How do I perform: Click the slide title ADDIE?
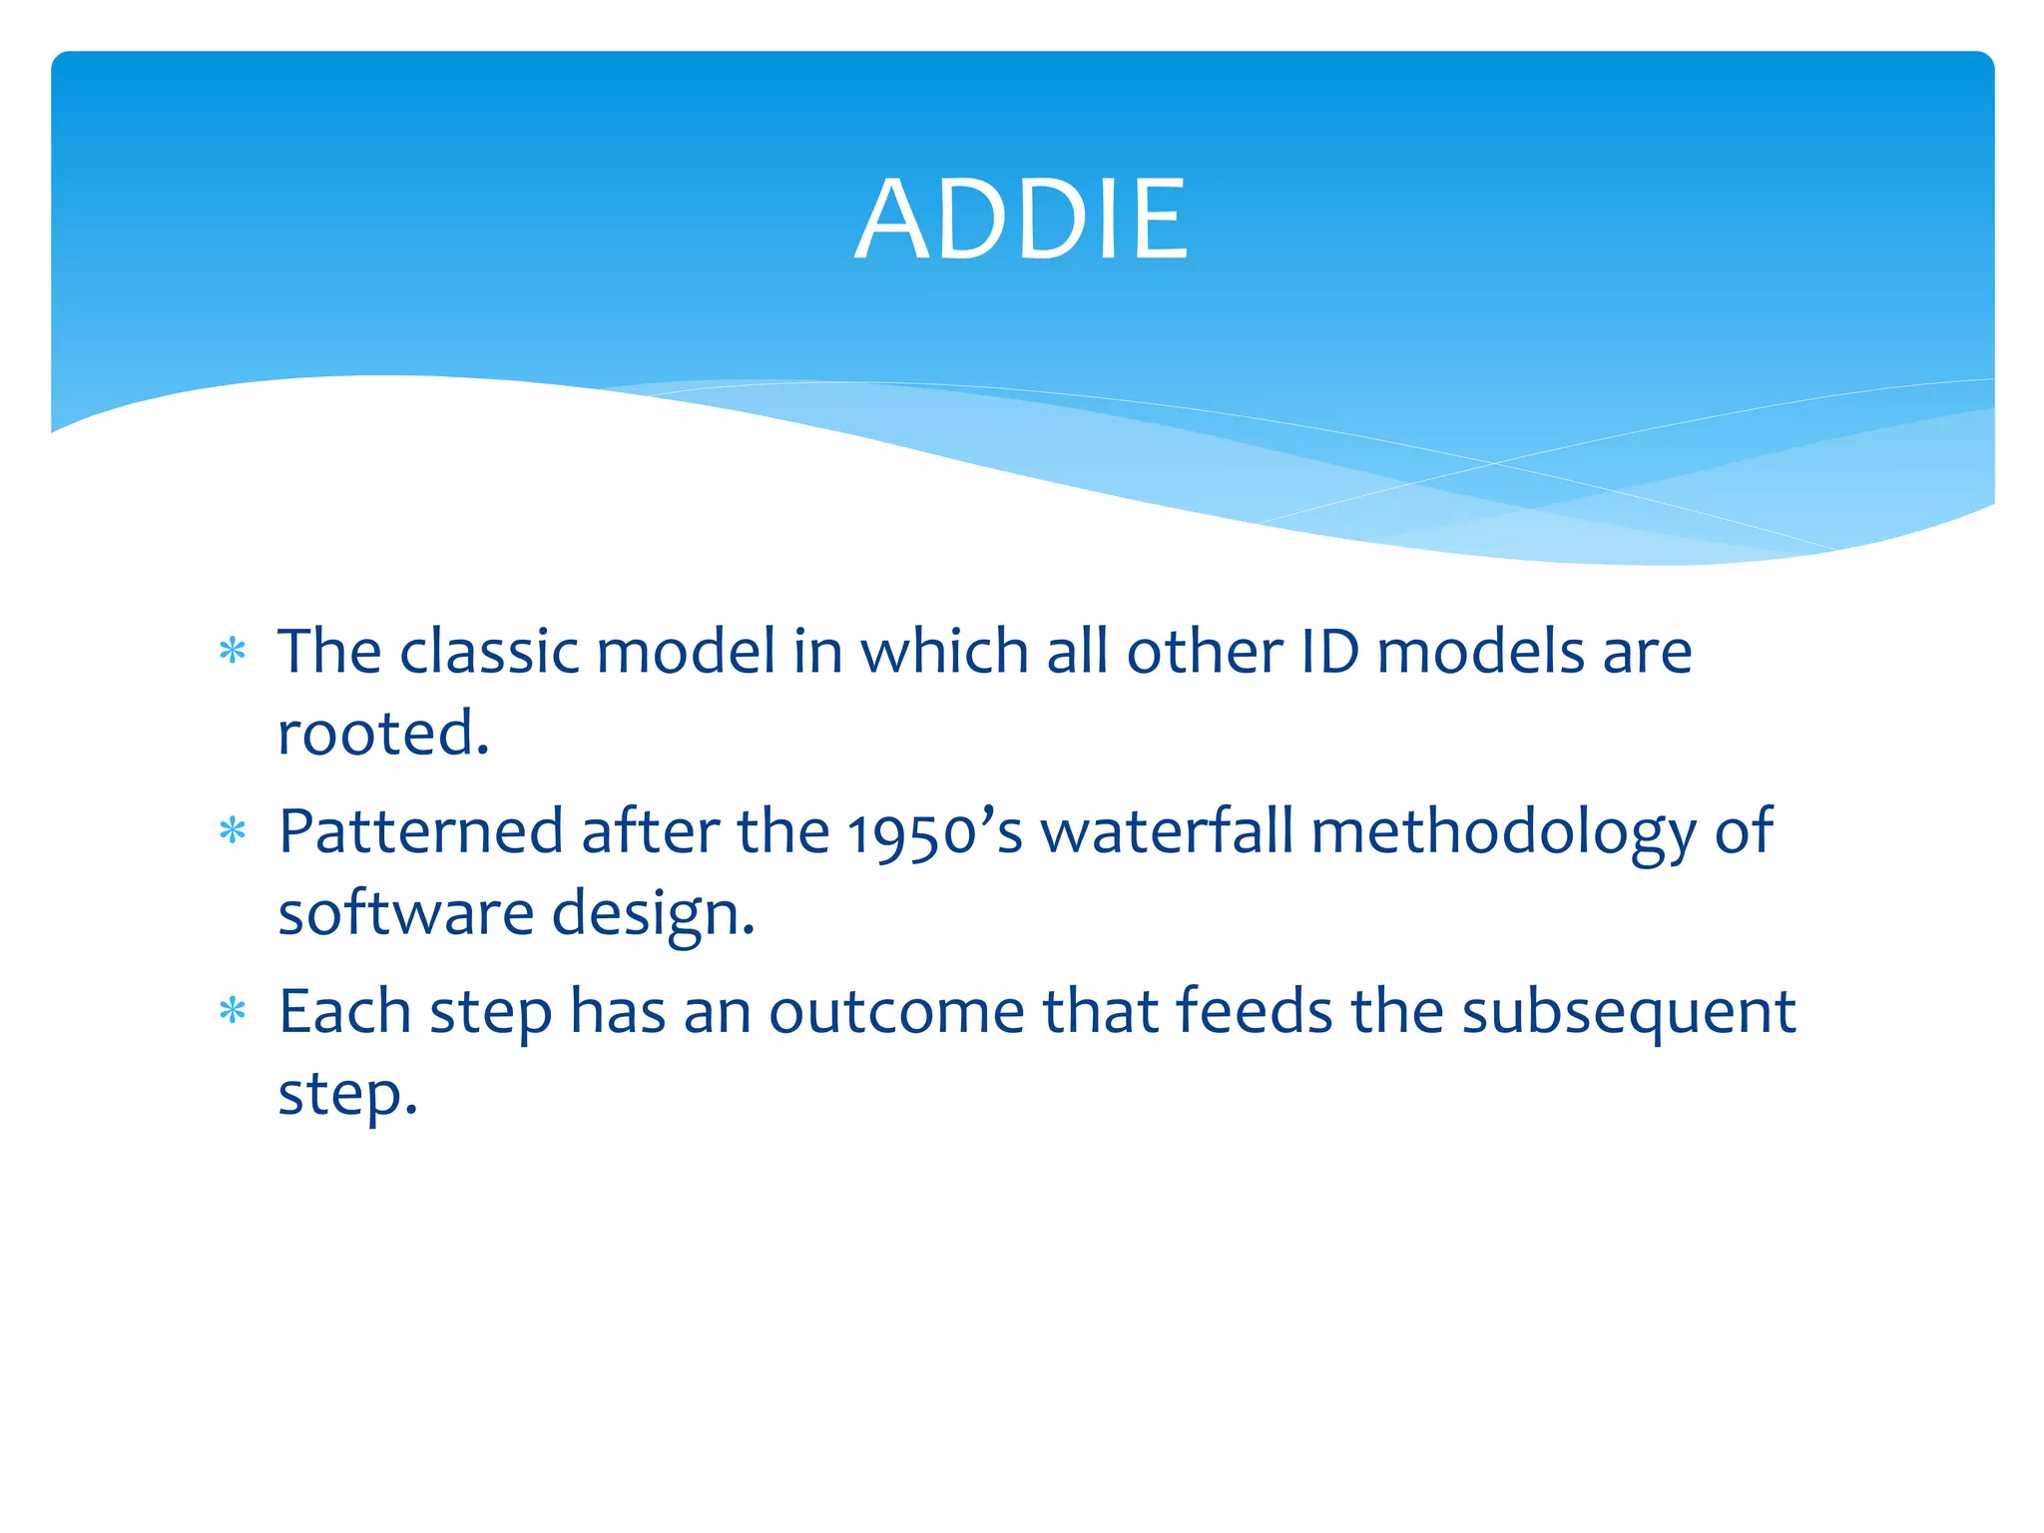(1022, 220)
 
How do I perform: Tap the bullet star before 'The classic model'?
(233, 652)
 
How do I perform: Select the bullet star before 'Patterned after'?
(233, 830)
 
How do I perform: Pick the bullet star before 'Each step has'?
(233, 1011)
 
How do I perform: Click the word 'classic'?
(489, 652)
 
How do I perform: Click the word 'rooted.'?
(383, 734)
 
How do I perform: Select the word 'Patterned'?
(420, 830)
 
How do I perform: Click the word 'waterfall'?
(1167, 830)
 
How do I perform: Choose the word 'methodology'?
(1503, 832)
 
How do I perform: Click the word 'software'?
(405, 913)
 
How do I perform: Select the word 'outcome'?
(896, 1012)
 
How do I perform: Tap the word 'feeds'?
(1254, 1011)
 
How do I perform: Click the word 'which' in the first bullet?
(944, 652)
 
